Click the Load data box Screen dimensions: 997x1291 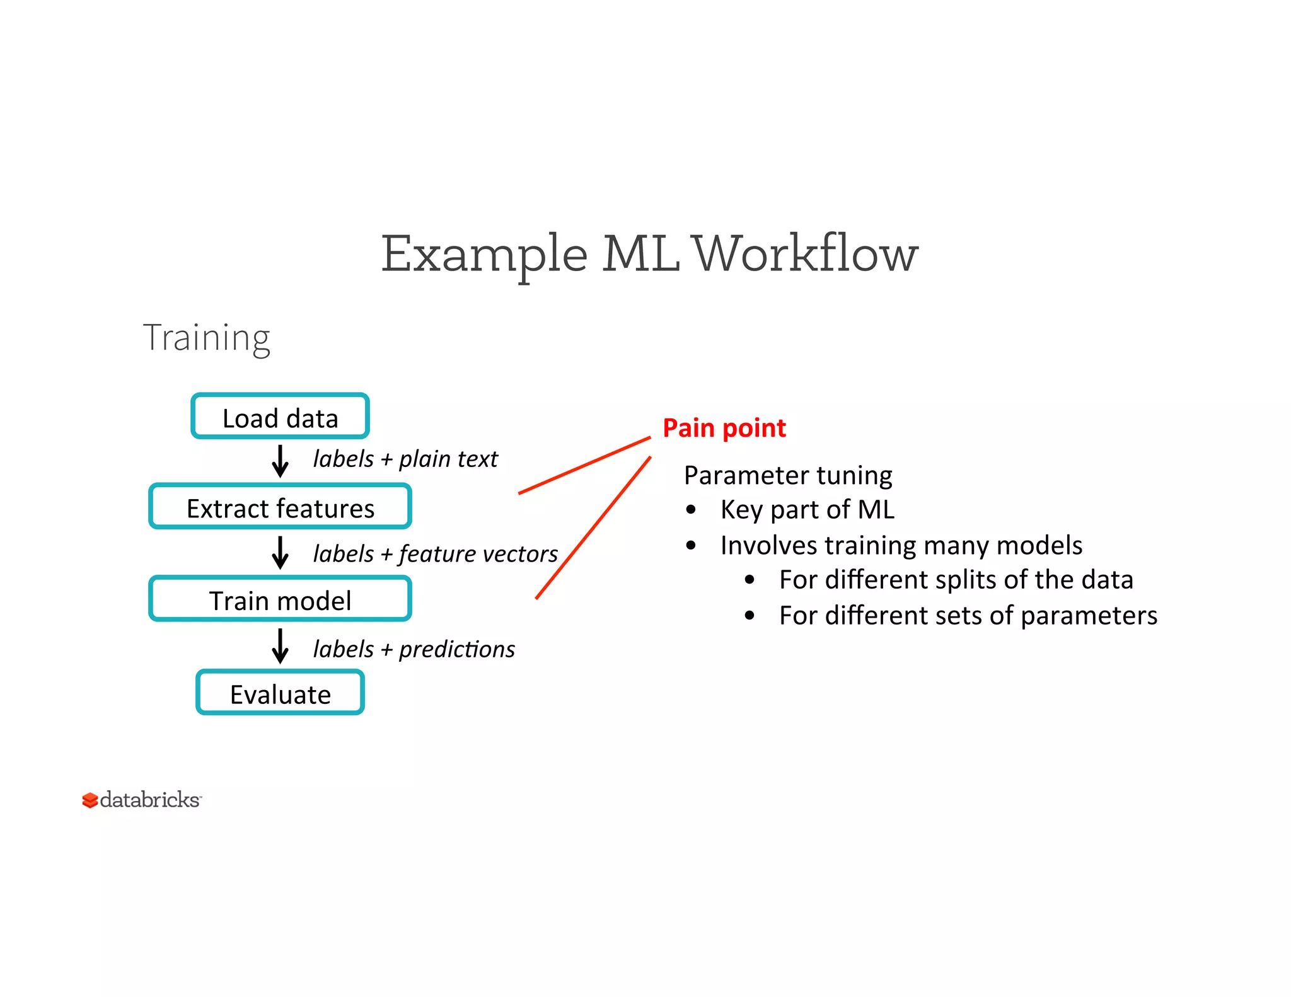tap(280, 417)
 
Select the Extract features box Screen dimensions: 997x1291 tap(280, 507)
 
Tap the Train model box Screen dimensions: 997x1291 tap(280, 599)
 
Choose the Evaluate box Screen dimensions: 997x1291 tap(280, 693)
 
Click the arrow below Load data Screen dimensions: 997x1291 tap(280, 461)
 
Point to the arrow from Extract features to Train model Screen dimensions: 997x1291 tap(280, 553)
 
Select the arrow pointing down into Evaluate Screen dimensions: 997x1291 tap(280, 646)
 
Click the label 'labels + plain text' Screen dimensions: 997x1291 tap(405, 459)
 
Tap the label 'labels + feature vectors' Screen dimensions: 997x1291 tap(435, 554)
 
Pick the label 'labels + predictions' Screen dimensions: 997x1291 tap(414, 649)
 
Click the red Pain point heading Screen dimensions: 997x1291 tap(724, 429)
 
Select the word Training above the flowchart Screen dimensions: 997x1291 tap(207, 338)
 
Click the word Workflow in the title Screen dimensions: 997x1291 tap(805, 254)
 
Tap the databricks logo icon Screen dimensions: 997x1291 tap(90, 800)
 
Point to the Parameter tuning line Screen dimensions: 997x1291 tap(787, 476)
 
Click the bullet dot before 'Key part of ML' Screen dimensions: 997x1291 tap(692, 510)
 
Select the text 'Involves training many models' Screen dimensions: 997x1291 tap(901, 546)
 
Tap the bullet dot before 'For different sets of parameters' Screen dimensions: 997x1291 tap(750, 616)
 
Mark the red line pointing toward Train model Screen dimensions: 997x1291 tap(593, 528)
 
